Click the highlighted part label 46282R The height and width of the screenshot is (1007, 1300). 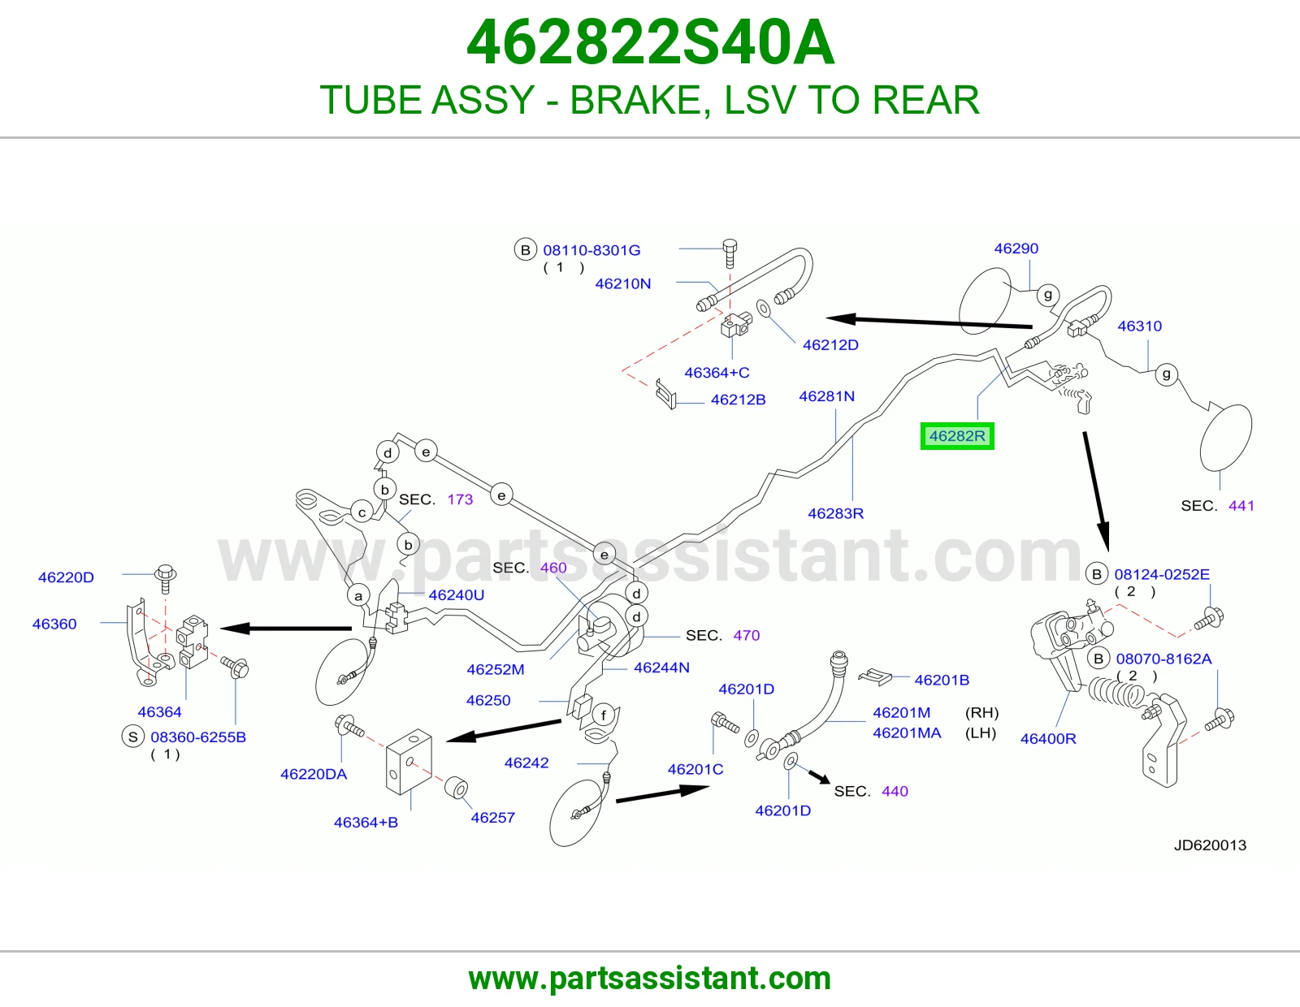(956, 436)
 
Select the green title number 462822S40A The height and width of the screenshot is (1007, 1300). (650, 43)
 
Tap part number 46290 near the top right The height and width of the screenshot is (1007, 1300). (1016, 249)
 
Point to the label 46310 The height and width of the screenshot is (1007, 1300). (1140, 326)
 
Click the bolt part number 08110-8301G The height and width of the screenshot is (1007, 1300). (591, 250)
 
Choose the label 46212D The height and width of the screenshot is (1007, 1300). (830, 344)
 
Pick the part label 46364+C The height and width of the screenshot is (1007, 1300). (717, 373)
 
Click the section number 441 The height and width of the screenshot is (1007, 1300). (1241, 505)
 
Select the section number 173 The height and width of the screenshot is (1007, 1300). (460, 499)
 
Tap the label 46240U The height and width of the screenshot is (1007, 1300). (457, 595)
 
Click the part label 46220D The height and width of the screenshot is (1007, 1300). (66, 577)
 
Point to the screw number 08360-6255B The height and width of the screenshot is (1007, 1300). (198, 737)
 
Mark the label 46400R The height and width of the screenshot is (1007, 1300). (1048, 738)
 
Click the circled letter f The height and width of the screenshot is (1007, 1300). (603, 715)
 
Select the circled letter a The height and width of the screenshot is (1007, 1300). (358, 595)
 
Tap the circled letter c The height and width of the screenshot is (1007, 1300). (362, 512)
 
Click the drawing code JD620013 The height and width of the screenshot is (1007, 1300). (1210, 845)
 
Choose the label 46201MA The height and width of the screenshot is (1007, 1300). (907, 733)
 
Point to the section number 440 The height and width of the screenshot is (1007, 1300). (895, 791)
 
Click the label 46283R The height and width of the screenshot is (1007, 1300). (836, 513)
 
